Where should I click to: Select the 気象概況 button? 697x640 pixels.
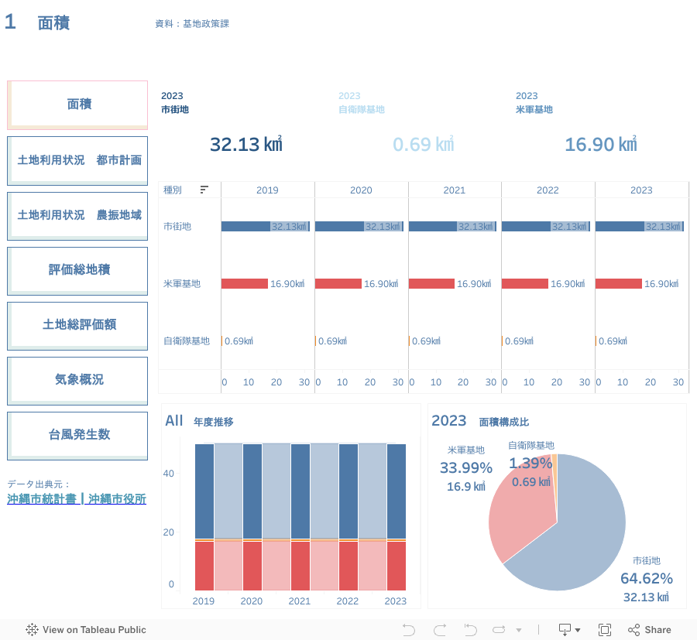77,379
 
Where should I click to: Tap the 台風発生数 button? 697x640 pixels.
77,434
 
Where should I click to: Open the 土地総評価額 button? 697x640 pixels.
77,324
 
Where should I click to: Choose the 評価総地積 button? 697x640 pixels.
77,269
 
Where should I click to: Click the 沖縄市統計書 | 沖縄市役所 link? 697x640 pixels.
77,499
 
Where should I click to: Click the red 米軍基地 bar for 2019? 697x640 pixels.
244,284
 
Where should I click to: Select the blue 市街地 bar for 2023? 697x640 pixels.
620,226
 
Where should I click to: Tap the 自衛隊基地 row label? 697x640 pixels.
187,341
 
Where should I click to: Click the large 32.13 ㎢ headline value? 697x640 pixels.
245,145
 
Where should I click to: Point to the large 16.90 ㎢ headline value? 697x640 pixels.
600,145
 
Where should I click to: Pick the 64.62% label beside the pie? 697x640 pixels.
646,578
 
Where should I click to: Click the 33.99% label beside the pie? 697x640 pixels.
465,467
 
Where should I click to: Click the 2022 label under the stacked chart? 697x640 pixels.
348,601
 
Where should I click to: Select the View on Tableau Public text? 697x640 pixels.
94,630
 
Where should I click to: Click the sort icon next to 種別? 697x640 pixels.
204,190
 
